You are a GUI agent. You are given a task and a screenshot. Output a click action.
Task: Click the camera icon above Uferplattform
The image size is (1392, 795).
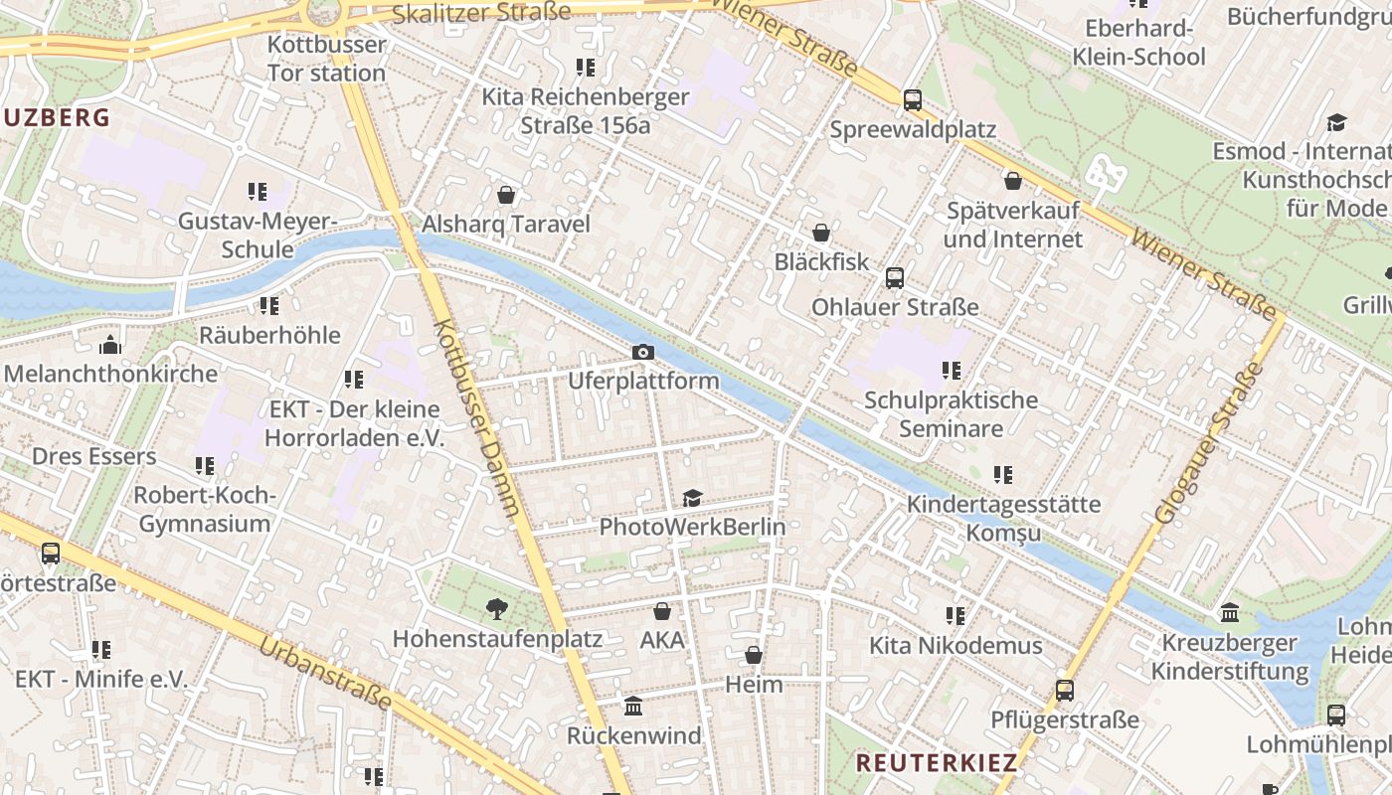643,352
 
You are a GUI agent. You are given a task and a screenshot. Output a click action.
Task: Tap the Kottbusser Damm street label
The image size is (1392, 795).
477,417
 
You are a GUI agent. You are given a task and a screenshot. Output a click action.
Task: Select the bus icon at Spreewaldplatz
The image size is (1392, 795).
913,99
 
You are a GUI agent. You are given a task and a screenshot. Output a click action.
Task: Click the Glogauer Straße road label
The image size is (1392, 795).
1208,444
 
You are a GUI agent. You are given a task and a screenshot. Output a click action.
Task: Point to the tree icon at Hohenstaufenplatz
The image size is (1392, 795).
496,608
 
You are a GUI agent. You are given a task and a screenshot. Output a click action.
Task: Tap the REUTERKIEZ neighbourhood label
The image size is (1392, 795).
937,763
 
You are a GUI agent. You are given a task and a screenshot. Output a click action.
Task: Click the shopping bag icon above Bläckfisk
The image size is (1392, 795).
821,233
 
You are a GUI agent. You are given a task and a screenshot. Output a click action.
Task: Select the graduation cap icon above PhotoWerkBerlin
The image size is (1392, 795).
692,498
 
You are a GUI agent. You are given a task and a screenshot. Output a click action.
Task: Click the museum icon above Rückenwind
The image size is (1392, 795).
633,707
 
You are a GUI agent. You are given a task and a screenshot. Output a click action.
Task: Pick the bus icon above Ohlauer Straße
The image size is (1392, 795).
895,277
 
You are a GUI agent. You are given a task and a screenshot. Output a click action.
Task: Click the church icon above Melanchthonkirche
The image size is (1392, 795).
110,345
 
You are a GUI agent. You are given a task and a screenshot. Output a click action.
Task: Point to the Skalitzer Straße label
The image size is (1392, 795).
481,12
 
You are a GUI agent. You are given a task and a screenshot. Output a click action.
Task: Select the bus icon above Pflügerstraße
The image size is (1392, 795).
1065,690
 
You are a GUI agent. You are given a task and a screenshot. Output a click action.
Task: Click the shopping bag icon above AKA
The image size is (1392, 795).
662,611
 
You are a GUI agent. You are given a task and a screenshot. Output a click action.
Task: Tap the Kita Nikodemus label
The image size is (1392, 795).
956,646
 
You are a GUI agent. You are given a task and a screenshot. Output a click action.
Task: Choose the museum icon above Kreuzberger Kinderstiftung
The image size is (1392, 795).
1230,612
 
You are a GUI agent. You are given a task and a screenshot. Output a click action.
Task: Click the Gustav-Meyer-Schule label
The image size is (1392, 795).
258,235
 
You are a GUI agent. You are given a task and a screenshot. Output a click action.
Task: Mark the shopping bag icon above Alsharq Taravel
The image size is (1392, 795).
506,194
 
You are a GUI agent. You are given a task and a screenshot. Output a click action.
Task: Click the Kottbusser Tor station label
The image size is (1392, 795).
326,59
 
